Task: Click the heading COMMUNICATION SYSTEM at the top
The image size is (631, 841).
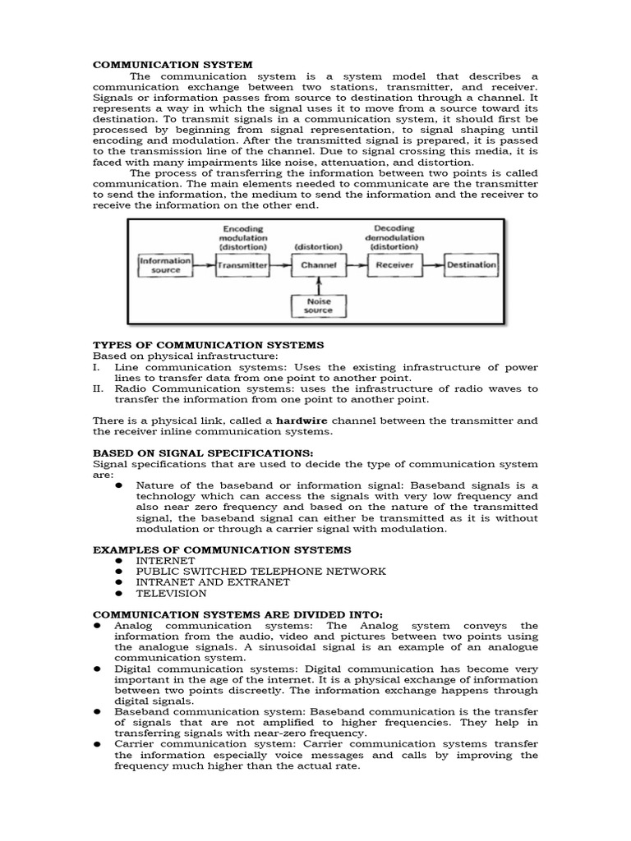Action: click(x=173, y=64)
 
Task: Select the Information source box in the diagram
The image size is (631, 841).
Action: click(x=165, y=265)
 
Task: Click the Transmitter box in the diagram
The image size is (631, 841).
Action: click(x=242, y=265)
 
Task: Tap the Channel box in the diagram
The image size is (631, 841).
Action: click(x=318, y=265)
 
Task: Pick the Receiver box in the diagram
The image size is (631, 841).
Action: click(x=394, y=265)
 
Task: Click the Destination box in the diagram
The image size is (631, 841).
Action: click(x=471, y=265)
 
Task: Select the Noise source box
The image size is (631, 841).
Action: click(x=318, y=306)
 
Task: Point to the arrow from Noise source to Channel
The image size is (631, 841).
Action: click(x=318, y=286)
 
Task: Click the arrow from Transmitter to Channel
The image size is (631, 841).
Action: click(x=280, y=265)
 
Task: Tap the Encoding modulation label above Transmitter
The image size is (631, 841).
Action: click(x=242, y=237)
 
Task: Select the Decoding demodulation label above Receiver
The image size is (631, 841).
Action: click(x=394, y=237)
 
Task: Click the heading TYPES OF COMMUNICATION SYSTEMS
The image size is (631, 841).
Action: click(x=208, y=345)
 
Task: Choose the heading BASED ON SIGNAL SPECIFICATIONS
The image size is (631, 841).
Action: click(x=202, y=453)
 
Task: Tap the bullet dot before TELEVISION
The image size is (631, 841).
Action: click(x=119, y=593)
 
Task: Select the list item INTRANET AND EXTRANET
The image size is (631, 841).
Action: click(x=213, y=581)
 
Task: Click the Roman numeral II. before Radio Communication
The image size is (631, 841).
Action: click(x=98, y=388)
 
